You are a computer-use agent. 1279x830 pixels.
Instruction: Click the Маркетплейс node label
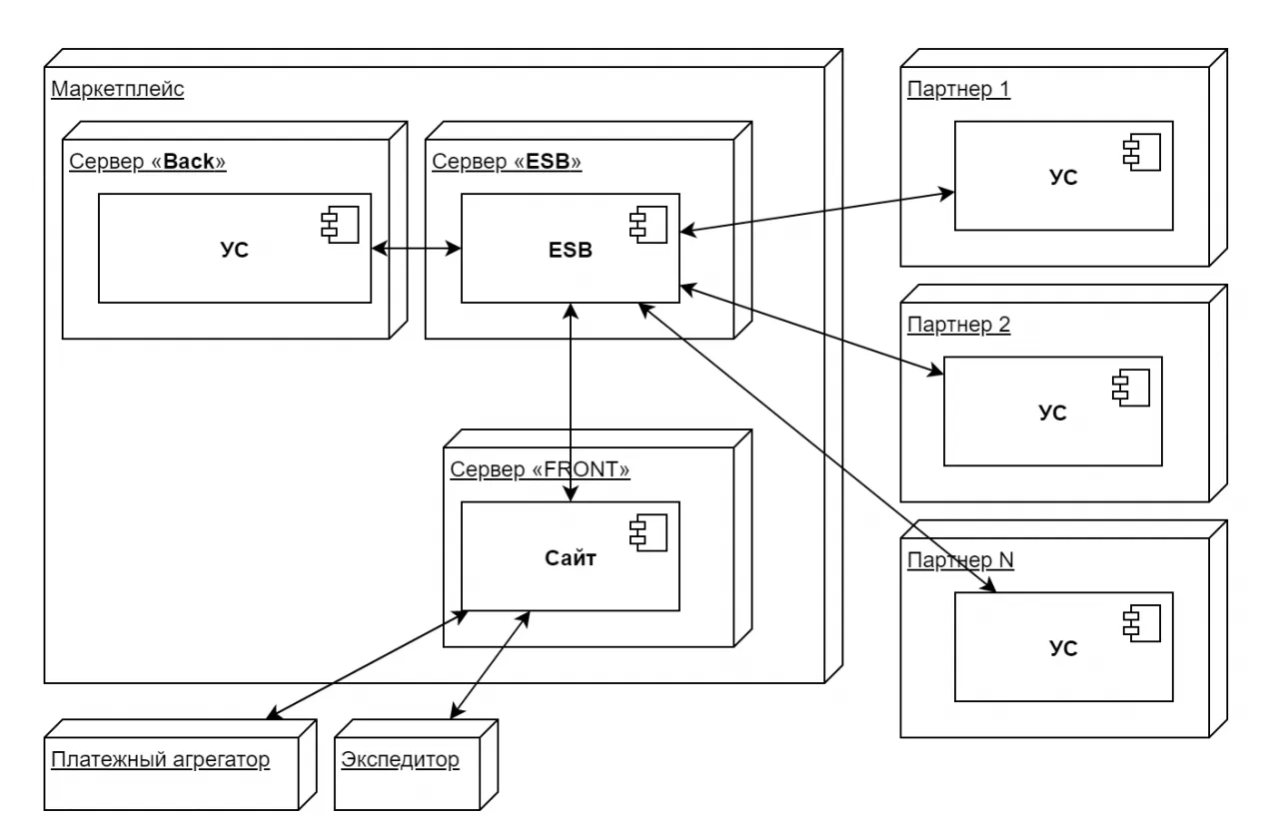point(117,90)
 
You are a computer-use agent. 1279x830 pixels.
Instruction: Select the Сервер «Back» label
point(148,162)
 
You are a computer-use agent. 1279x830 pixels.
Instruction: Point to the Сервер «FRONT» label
point(541,469)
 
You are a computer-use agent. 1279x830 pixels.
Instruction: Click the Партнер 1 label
point(959,90)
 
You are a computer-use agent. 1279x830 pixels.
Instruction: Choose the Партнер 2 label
point(959,325)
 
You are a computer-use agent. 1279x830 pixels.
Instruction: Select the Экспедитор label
point(400,760)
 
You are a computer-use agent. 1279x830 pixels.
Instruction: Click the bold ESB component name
point(571,250)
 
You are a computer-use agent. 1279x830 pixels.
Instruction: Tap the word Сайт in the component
point(571,558)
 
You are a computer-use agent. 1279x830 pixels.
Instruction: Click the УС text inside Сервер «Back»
point(234,250)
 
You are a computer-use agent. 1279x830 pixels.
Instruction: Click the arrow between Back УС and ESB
point(416,248)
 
